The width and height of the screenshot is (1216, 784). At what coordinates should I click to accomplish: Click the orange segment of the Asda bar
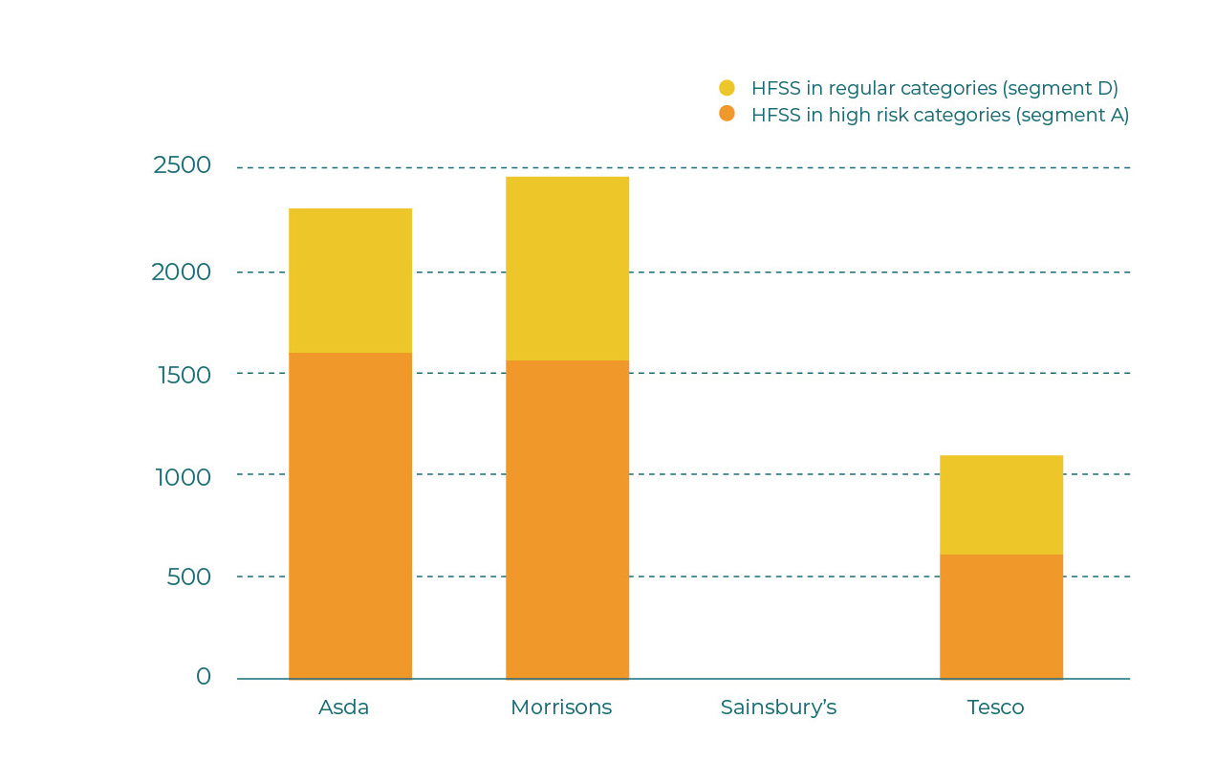coord(350,515)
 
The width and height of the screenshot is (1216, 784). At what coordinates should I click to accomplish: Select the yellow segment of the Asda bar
coord(350,280)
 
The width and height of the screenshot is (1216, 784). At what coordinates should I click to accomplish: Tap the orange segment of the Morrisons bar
coord(567,519)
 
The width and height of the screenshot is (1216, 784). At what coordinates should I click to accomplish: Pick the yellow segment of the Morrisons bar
coord(567,268)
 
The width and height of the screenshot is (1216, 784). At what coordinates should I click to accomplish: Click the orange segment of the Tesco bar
coord(1001,617)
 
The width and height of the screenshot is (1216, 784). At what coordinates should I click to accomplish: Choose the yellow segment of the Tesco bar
coord(1001,504)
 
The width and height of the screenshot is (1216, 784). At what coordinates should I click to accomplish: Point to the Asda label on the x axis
coord(344,708)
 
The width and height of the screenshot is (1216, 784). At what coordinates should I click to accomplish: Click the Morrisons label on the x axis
coord(561,708)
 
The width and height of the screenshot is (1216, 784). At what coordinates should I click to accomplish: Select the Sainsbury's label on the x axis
coord(778,708)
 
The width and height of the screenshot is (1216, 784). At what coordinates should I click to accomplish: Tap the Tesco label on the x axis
coord(995,708)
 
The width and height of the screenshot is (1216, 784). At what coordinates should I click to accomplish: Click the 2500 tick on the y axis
coord(182,165)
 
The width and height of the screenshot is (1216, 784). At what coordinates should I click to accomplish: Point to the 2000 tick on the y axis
coord(181,272)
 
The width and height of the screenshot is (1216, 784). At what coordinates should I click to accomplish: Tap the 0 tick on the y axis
coord(204,677)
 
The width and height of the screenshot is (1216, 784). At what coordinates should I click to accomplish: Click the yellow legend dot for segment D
coord(727,88)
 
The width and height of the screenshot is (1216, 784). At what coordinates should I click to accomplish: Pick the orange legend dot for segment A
coord(727,114)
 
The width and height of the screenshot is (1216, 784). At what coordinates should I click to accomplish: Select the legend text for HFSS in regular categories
coord(934,89)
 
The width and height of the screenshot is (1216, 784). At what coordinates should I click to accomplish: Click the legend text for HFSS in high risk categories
coord(940,116)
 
